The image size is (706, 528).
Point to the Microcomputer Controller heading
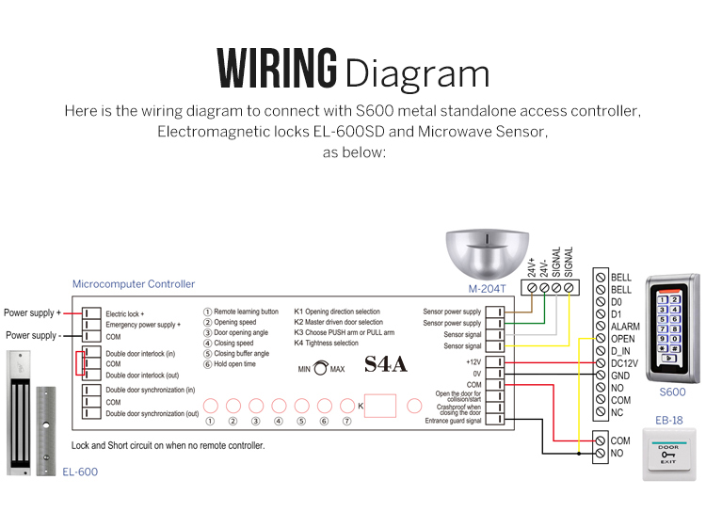(134, 283)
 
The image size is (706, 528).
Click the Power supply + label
(32, 312)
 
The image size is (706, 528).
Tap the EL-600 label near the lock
(79, 472)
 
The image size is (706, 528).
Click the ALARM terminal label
(625, 326)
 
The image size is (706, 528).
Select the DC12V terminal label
(625, 362)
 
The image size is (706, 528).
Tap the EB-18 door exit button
(668, 454)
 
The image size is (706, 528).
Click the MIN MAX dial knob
(321, 369)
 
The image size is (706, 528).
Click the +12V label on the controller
(473, 360)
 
